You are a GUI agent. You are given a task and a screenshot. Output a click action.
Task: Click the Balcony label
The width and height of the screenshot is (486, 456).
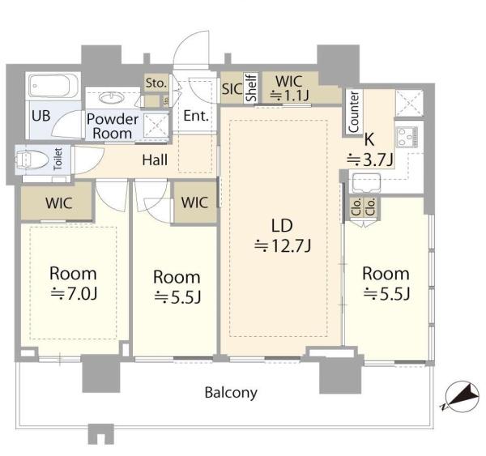click(x=231, y=394)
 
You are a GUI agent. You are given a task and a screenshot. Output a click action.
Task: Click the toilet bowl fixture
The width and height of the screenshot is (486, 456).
click(x=31, y=159)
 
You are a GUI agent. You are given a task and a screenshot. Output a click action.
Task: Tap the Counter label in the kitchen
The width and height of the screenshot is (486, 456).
click(x=354, y=113)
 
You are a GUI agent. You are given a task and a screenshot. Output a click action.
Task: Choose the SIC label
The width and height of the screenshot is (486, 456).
click(x=231, y=90)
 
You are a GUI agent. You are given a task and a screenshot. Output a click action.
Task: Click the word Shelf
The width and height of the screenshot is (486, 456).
click(x=251, y=87)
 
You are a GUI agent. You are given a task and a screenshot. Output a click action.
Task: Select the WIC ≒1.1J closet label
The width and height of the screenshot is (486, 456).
click(x=289, y=87)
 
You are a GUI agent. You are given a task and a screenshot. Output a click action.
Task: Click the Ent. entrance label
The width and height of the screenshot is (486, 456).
click(x=197, y=116)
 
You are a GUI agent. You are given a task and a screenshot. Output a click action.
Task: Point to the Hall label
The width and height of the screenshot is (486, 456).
click(x=154, y=160)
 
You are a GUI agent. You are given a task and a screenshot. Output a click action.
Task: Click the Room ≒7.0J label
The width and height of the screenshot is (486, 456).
click(x=72, y=284)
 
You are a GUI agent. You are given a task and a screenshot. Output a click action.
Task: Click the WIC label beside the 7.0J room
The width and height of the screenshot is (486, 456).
click(x=58, y=203)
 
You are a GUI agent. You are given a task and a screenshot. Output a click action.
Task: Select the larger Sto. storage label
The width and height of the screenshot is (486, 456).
click(x=155, y=82)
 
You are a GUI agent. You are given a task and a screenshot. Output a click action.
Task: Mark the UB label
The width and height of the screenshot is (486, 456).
click(x=40, y=116)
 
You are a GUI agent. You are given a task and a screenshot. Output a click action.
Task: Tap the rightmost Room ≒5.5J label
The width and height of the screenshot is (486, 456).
click(x=386, y=283)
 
